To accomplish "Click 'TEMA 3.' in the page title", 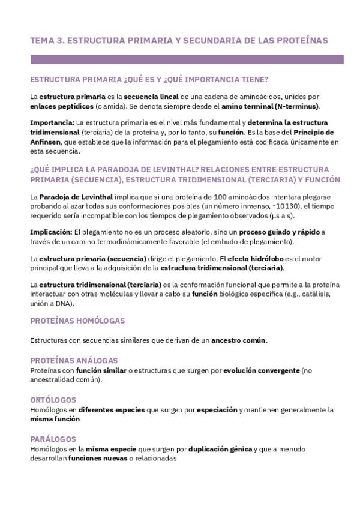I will pyautogui.click(x=46, y=40).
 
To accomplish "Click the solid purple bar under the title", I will pyautogui.click(x=187, y=59).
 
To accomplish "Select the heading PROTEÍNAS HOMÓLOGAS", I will pyautogui.click(x=77, y=321).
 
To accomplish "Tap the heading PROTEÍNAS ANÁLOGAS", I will pyautogui.click(x=74, y=360).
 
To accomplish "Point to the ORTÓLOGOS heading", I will pyautogui.click(x=53, y=399).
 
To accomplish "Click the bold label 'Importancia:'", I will pyautogui.click(x=52, y=122).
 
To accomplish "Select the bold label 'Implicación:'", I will pyautogui.click(x=52, y=232).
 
